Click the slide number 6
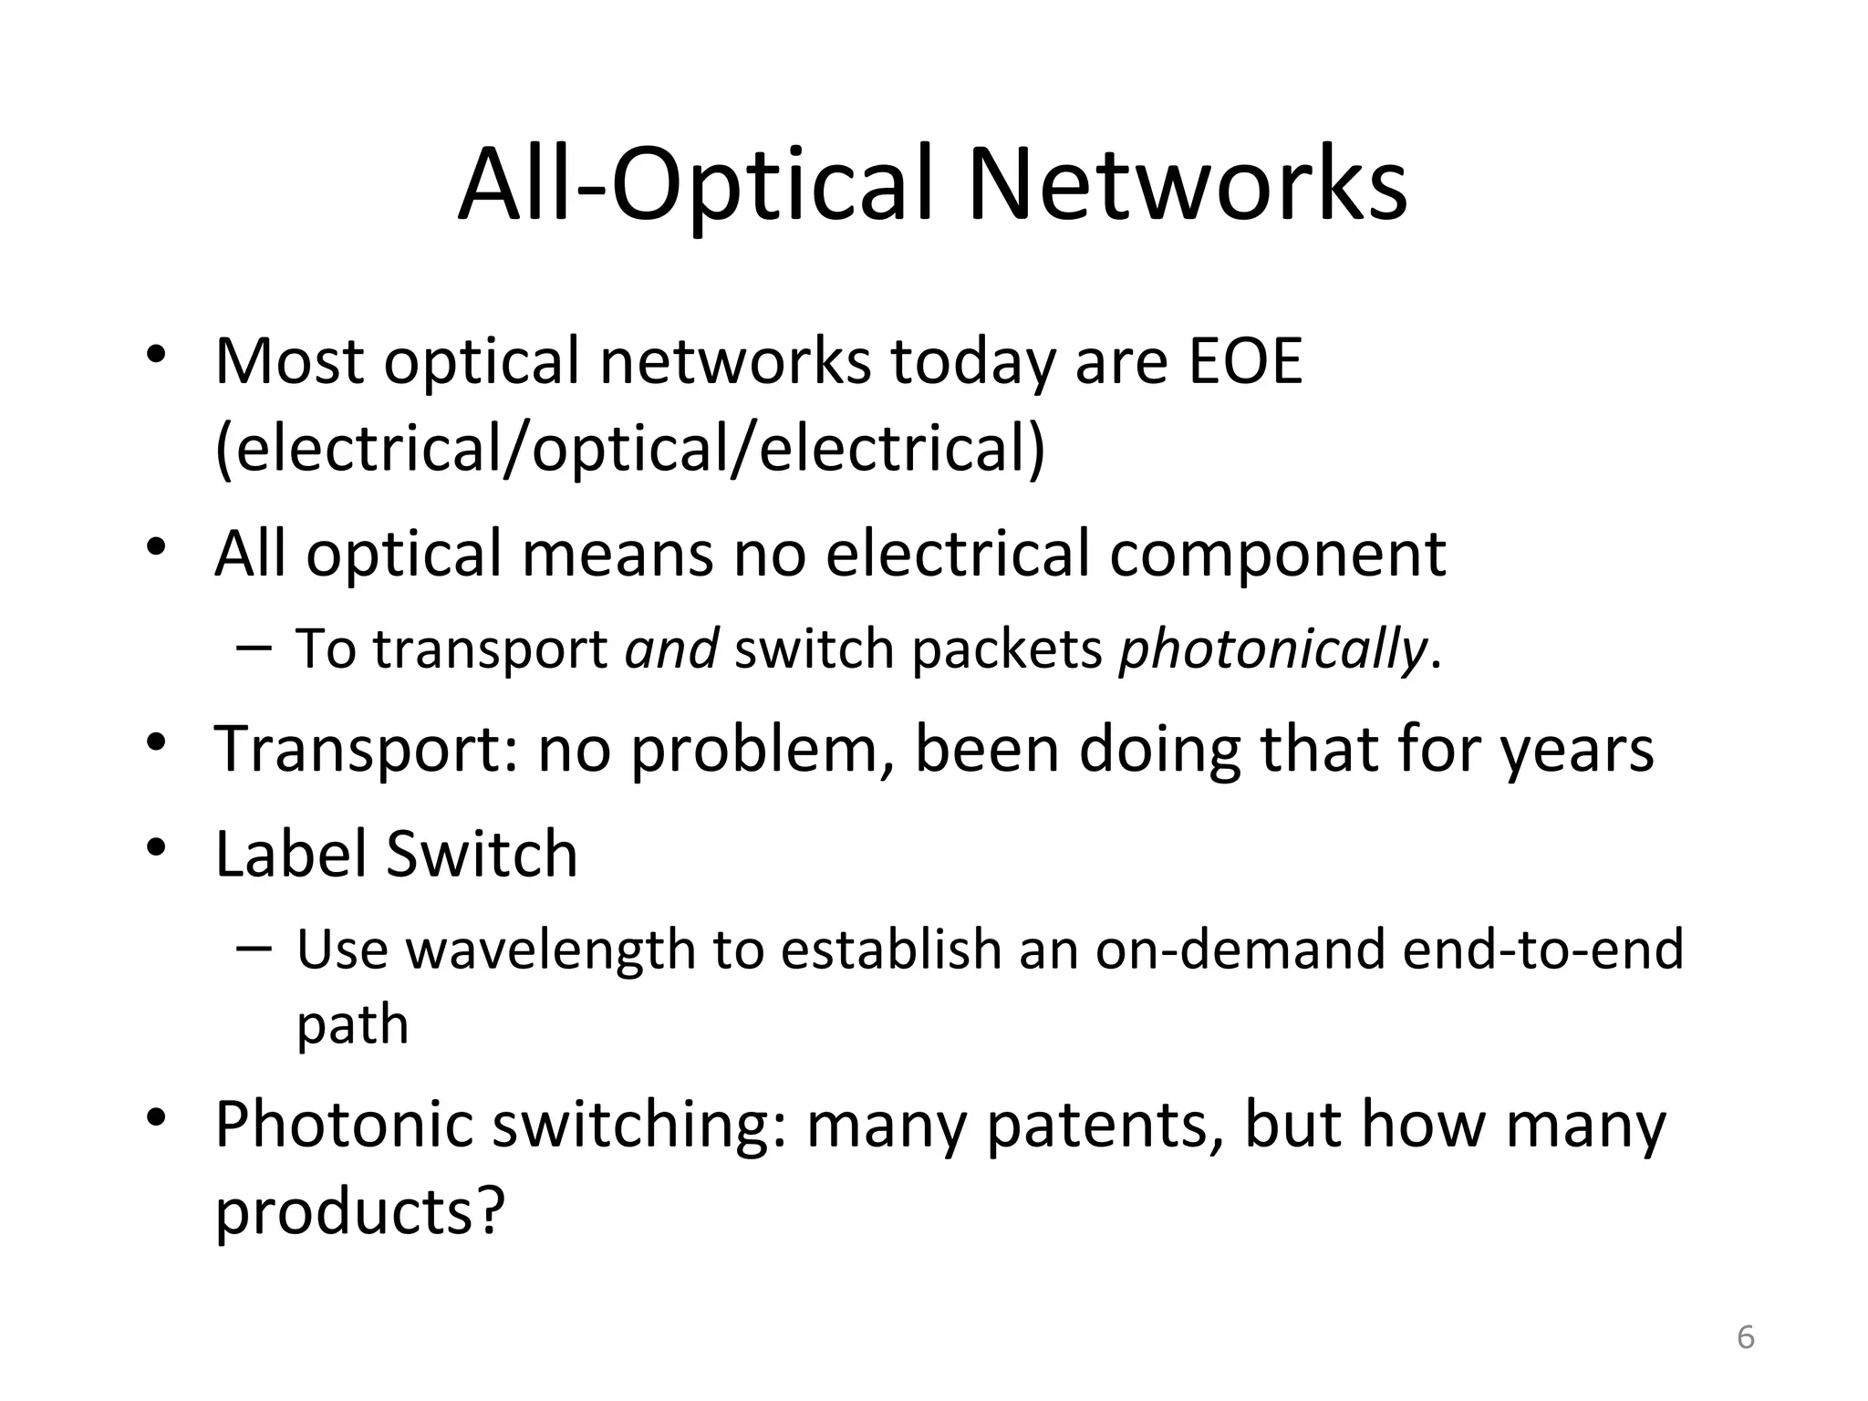click(1745, 1337)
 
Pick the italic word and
click(671, 649)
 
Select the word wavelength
click(550, 950)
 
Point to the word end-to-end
click(1542, 950)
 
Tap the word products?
click(359, 1211)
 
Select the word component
click(1277, 555)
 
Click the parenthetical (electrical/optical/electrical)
click(629, 449)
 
